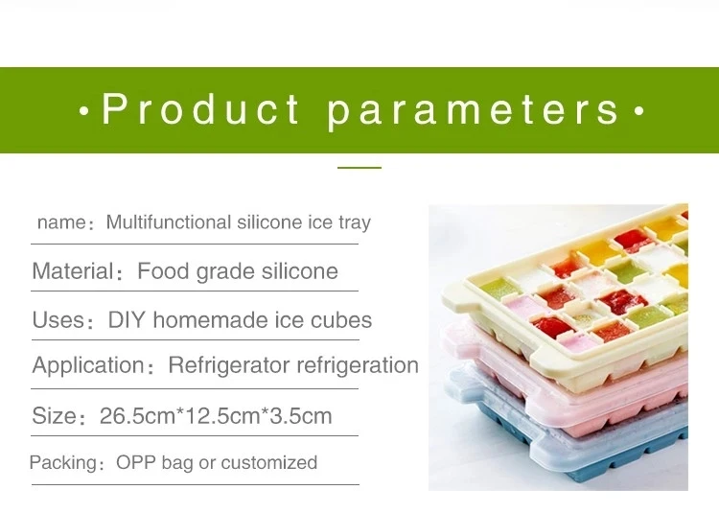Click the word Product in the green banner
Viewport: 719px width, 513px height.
coord(200,109)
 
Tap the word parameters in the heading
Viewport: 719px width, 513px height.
coord(474,112)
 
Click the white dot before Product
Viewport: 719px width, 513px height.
coord(84,110)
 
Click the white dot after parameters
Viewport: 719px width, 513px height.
coord(639,110)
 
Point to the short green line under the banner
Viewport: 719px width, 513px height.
coord(359,168)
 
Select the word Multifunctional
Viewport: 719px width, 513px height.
coord(169,222)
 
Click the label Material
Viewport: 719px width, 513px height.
coord(73,271)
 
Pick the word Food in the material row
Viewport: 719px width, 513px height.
coord(163,271)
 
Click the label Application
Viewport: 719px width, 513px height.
coord(88,366)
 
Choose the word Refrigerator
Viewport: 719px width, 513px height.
coord(229,366)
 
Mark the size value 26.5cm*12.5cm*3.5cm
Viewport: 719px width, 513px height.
coord(216,416)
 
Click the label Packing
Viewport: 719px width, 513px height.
coord(63,463)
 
